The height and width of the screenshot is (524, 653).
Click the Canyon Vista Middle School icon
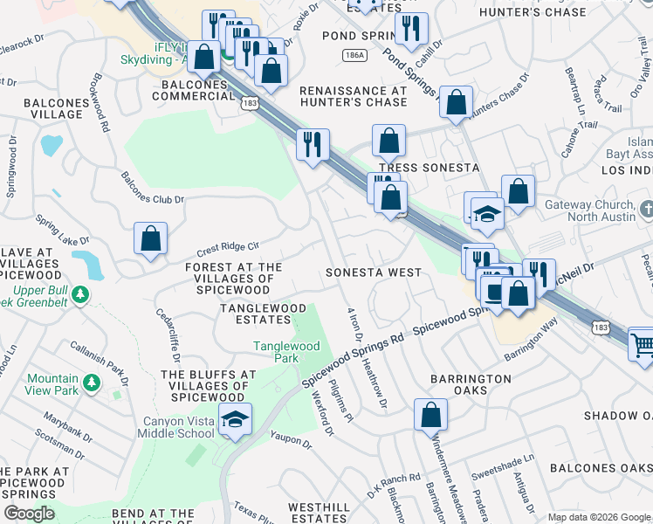click(x=236, y=420)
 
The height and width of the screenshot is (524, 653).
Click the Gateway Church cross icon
click(x=645, y=210)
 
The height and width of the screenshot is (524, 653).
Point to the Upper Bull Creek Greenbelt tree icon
click(x=80, y=293)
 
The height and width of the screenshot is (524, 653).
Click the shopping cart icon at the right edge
click(x=643, y=343)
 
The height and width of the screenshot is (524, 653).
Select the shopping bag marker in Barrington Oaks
click(x=430, y=416)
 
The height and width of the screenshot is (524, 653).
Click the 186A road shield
click(x=354, y=54)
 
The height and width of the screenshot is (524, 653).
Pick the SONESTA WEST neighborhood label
click(x=373, y=272)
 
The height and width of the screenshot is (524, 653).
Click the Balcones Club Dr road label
click(x=154, y=189)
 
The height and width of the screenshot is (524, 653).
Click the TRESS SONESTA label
click(x=429, y=167)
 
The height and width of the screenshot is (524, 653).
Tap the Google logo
click(x=30, y=514)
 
